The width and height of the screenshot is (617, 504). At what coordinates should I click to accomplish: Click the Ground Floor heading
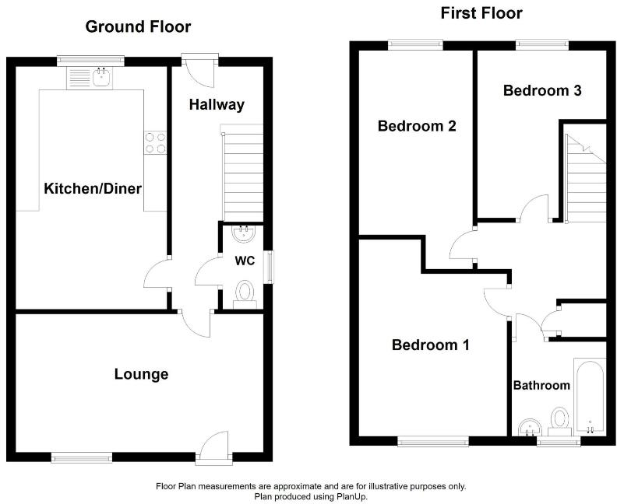pyautogui.click(x=138, y=27)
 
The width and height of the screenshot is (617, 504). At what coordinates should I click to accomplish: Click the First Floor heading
pyautogui.click(x=481, y=13)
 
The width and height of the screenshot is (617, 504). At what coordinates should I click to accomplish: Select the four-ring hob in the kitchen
pyautogui.click(x=155, y=142)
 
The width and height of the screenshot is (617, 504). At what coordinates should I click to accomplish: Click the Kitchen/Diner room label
pyautogui.click(x=93, y=188)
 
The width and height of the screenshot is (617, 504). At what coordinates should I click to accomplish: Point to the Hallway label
pyautogui.click(x=217, y=105)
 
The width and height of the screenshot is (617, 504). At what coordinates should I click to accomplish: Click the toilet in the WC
pyautogui.click(x=245, y=293)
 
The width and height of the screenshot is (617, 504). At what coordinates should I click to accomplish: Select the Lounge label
pyautogui.click(x=141, y=375)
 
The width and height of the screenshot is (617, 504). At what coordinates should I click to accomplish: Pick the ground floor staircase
pyautogui.click(x=243, y=175)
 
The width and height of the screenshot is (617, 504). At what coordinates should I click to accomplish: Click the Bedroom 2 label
pyautogui.click(x=416, y=126)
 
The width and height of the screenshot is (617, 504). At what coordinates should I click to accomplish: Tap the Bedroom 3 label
pyautogui.click(x=542, y=91)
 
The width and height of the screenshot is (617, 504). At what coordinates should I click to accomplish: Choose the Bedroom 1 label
pyautogui.click(x=430, y=345)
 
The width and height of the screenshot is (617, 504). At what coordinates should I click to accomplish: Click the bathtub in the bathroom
pyautogui.click(x=590, y=396)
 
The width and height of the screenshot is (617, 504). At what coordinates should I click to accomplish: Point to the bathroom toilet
pyautogui.click(x=559, y=420)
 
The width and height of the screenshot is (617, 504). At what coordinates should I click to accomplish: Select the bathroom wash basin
pyautogui.click(x=531, y=427)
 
